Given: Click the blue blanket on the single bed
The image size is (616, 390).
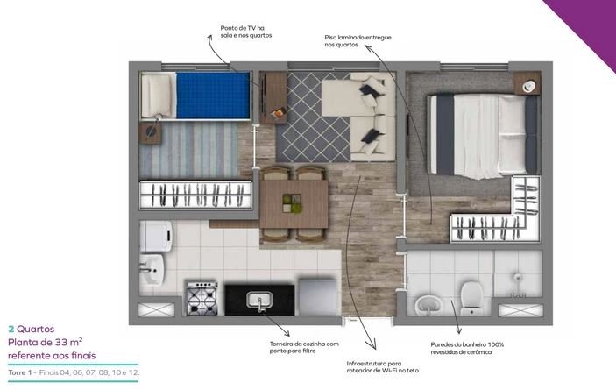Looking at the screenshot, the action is (x=213, y=95).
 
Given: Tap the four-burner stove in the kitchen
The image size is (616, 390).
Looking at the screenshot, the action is (x=202, y=298).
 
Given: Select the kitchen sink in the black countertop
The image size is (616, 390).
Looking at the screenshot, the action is (x=258, y=300).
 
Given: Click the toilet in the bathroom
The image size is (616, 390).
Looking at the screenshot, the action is (x=471, y=298).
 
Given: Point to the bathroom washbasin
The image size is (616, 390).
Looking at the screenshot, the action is (x=428, y=305).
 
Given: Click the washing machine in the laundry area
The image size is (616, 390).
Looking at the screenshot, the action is (x=156, y=236).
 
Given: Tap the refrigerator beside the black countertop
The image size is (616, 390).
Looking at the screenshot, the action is (x=318, y=296).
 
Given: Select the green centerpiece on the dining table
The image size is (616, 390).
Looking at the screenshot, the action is (x=292, y=203).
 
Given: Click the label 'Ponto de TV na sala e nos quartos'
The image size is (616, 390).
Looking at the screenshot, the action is (x=246, y=32).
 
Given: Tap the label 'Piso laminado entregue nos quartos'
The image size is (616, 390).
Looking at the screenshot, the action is (x=358, y=41).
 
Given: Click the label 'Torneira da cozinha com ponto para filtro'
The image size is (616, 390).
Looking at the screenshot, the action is (x=304, y=347).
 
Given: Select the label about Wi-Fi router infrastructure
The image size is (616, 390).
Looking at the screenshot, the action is (x=383, y=367).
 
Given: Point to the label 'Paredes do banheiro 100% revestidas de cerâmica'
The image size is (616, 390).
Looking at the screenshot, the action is (x=467, y=348).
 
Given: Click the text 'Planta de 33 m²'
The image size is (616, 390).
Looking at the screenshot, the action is (x=46, y=342).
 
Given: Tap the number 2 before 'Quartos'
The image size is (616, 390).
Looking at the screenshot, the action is (x=11, y=330).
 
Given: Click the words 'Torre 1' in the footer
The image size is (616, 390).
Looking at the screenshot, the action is (x=19, y=372).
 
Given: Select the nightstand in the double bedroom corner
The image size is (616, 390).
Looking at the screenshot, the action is (x=527, y=83).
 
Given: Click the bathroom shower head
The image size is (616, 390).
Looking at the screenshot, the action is (x=517, y=277).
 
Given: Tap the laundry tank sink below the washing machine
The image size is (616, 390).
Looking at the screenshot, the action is (x=152, y=269).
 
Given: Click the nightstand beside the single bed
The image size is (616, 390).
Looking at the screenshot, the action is (x=151, y=132).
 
